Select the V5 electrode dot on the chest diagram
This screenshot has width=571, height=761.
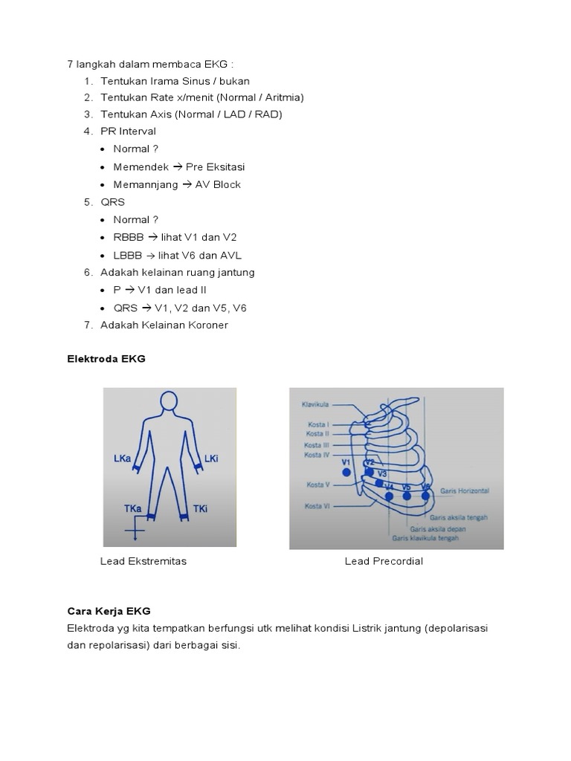coord(407,496)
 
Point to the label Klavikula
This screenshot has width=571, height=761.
coord(315,405)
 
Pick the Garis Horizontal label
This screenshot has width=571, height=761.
coord(464,491)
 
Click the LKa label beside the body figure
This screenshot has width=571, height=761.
coord(123,459)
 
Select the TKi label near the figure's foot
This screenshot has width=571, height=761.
coord(200,508)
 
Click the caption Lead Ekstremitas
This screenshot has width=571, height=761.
coord(143,561)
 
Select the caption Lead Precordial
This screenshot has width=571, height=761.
coord(384,561)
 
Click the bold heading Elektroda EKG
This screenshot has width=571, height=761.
coord(106,358)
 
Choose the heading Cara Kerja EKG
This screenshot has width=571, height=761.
coord(109,611)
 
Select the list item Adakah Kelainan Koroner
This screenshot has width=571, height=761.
coord(164,325)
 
